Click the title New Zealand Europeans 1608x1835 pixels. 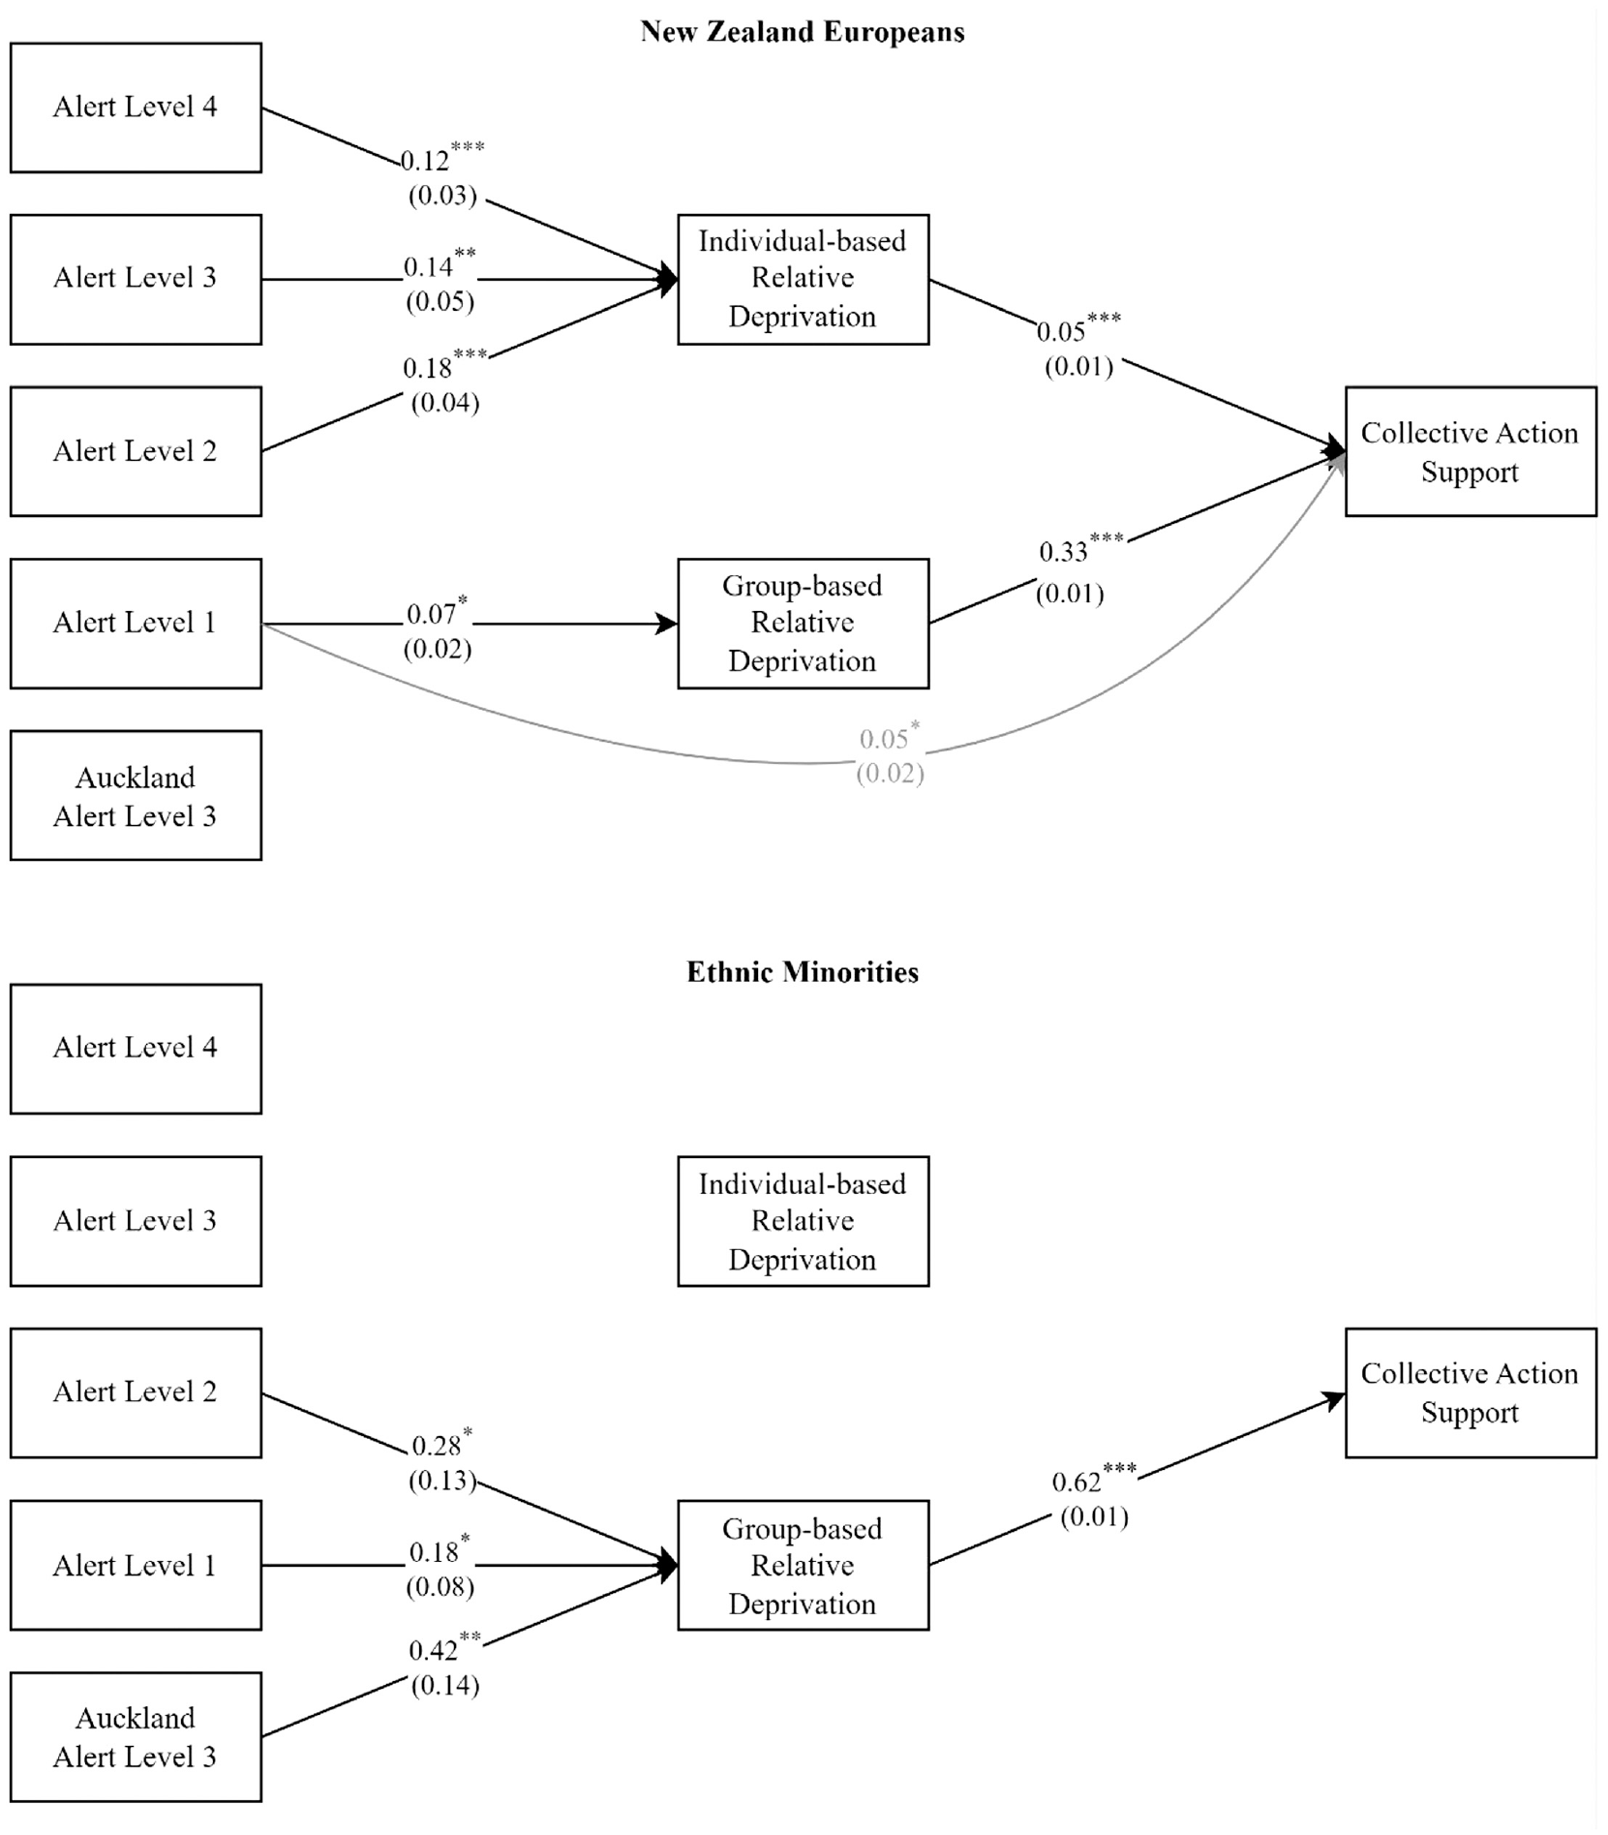tap(803, 32)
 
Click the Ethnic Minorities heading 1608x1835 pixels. tap(803, 972)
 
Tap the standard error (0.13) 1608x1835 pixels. tap(442, 1481)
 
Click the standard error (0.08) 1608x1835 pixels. tap(440, 1587)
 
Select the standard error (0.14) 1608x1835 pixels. tap(445, 1686)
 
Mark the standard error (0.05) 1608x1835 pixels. tap(440, 302)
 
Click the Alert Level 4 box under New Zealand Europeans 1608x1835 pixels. tap(136, 107)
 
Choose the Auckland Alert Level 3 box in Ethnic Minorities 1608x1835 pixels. tap(136, 1737)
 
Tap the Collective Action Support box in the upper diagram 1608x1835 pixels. tap(1471, 451)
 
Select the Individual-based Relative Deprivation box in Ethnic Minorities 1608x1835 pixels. tap(803, 1221)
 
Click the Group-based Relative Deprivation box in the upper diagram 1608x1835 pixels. tap(803, 624)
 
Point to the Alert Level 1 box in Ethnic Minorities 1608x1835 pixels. tap(136, 1565)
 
